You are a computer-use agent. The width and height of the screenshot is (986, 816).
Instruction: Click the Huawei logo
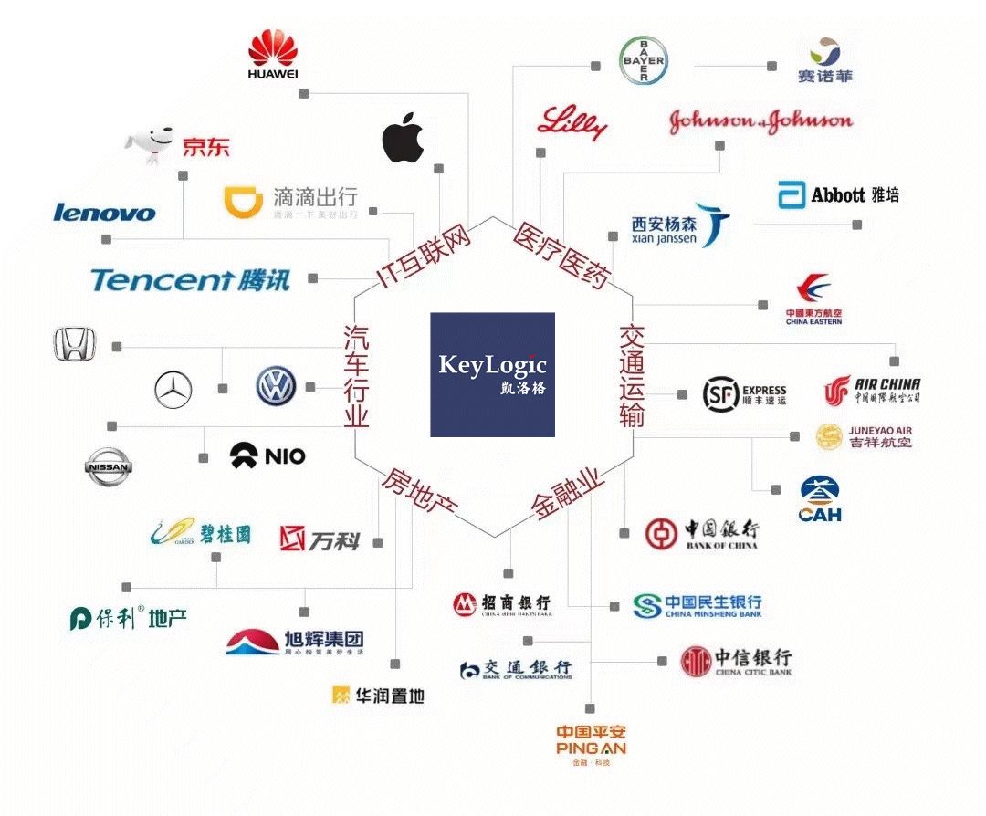coord(274,54)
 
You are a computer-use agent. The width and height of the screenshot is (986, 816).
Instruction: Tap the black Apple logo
coord(403,139)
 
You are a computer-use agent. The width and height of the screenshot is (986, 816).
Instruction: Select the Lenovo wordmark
coord(104,212)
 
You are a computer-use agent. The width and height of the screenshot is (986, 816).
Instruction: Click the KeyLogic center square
coord(492,374)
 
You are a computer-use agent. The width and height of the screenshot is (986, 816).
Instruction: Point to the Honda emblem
coord(73,346)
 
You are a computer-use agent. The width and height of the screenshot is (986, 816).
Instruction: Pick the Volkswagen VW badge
coord(276,386)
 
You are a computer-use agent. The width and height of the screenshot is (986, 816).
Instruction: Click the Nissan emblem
coord(108,467)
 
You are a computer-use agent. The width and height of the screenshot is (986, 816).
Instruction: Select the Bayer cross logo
coord(644,61)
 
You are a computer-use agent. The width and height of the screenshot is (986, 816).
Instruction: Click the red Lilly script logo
coord(572,122)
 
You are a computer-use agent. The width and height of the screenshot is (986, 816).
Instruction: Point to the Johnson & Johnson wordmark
coord(760,121)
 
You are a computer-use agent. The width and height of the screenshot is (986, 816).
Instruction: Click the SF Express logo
coord(744,393)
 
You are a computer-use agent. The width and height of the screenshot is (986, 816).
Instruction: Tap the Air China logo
coord(872,390)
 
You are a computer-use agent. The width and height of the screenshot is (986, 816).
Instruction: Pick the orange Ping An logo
coord(592,739)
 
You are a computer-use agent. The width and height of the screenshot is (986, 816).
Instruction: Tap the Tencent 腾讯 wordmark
coord(190,279)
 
